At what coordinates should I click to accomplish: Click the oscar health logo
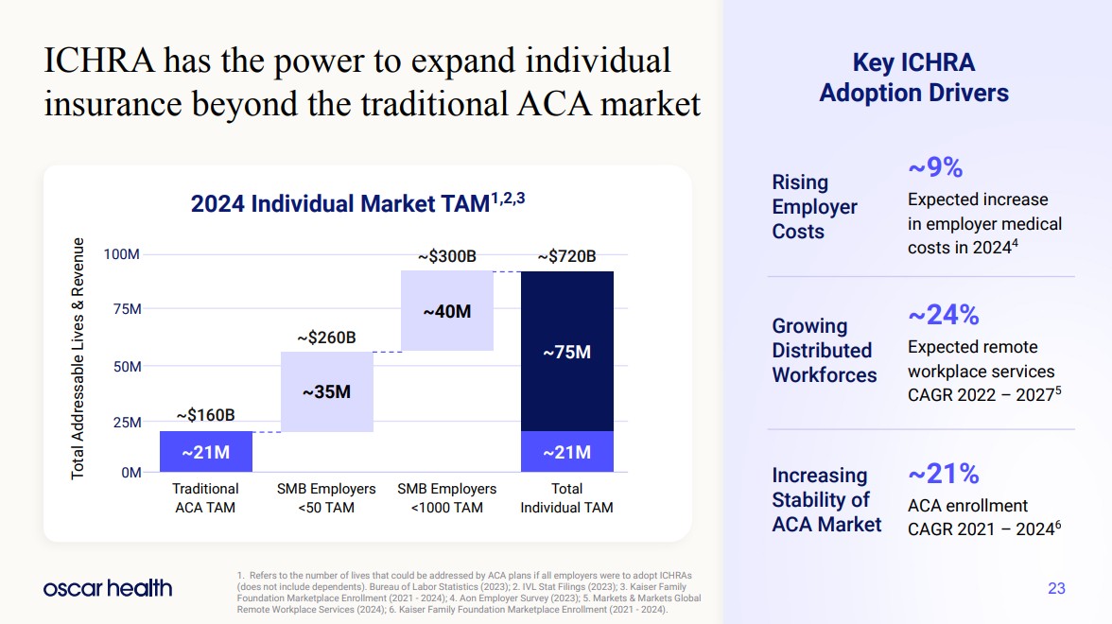coord(108,588)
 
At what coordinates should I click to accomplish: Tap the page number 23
coord(1056,588)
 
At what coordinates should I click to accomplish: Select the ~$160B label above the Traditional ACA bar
coord(205,415)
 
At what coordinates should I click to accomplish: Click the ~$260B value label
coord(326,337)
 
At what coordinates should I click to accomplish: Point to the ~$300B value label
coord(446,256)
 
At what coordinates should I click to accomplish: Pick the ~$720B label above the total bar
coord(566,256)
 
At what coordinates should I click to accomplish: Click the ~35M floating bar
coord(326,391)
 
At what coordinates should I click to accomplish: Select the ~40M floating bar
coord(446,310)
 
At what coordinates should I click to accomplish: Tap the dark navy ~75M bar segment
coord(566,352)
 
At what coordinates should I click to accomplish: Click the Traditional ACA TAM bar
coord(205,452)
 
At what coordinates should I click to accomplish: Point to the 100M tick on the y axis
coord(122,254)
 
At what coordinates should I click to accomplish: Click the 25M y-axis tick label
coord(126,422)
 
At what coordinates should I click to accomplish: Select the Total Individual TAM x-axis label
coord(566,498)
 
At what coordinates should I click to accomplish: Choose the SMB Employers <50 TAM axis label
coord(326,498)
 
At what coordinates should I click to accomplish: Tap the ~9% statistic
coord(934,167)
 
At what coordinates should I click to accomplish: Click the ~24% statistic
coord(943,314)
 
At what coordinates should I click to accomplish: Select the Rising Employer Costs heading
coord(814,206)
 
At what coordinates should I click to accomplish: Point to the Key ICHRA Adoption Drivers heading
coord(913,78)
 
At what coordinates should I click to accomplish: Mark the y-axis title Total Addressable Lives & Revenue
coord(78,358)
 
